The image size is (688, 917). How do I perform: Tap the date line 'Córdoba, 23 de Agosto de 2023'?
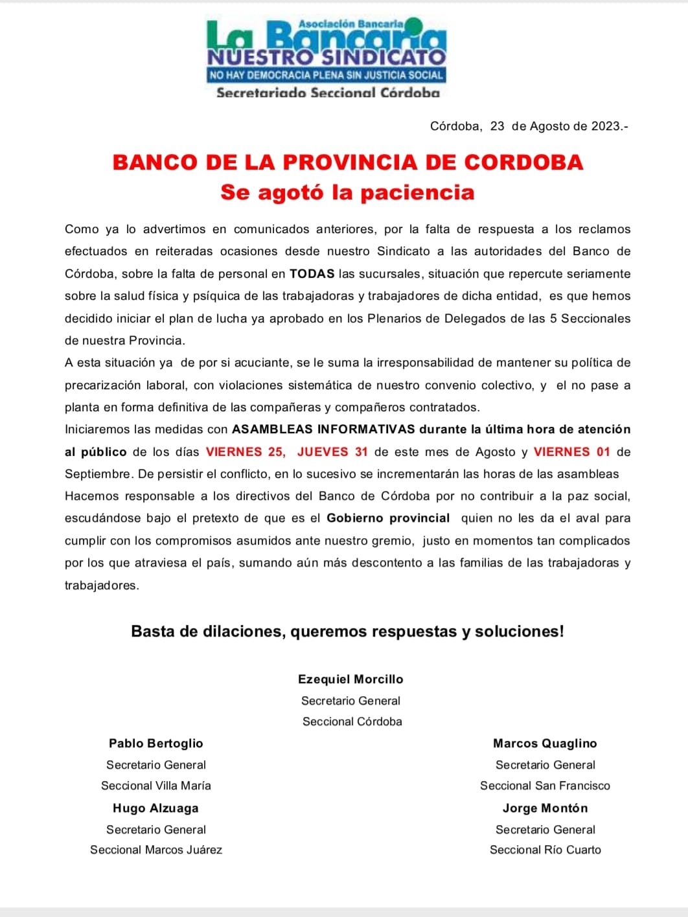pyautogui.click(x=529, y=126)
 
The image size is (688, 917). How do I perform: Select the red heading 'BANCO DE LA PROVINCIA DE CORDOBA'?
pyautogui.click(x=348, y=162)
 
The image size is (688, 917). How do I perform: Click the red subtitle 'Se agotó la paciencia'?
pyautogui.click(x=347, y=192)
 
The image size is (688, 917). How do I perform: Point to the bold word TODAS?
pyautogui.click(x=312, y=274)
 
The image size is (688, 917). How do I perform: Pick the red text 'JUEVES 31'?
pyautogui.click(x=332, y=452)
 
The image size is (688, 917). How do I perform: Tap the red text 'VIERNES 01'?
pyautogui.click(x=572, y=452)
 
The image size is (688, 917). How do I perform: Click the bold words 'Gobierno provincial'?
pyautogui.click(x=388, y=518)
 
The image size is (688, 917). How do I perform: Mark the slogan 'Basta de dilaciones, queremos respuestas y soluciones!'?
pyautogui.click(x=347, y=631)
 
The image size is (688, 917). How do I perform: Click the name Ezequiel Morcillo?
pyautogui.click(x=350, y=679)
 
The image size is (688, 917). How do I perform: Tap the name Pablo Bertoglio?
pyautogui.click(x=156, y=743)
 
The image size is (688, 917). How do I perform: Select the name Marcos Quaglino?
pyautogui.click(x=545, y=743)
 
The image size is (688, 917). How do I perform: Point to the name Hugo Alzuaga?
pyautogui.click(x=155, y=808)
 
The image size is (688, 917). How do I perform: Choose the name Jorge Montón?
pyautogui.click(x=545, y=808)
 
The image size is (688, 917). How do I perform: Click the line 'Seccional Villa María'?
pyautogui.click(x=156, y=786)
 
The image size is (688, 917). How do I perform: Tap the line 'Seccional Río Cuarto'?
pyautogui.click(x=545, y=850)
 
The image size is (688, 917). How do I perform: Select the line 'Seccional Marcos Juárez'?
pyautogui.click(x=156, y=850)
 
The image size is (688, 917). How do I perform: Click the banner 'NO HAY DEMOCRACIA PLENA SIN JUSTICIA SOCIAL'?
pyautogui.click(x=326, y=75)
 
